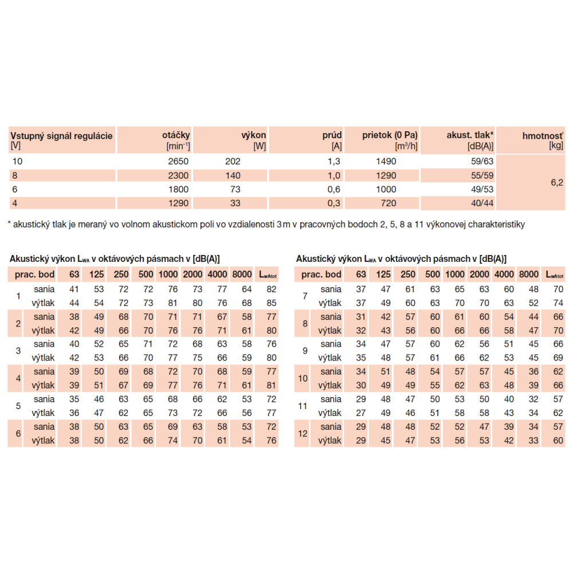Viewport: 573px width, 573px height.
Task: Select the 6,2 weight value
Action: click(x=558, y=182)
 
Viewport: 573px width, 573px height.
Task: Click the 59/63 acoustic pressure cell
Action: click(x=481, y=162)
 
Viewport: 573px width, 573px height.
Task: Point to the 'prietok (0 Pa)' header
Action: click(x=390, y=135)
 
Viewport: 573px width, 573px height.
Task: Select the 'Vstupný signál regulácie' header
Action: click(x=61, y=136)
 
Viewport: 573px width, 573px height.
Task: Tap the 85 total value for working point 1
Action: click(x=271, y=303)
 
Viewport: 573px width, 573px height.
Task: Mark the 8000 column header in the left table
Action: click(x=244, y=275)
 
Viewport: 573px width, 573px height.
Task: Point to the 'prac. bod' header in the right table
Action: click(x=322, y=275)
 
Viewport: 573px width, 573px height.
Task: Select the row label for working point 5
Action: click(x=18, y=406)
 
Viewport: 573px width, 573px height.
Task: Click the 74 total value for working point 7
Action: click(x=558, y=303)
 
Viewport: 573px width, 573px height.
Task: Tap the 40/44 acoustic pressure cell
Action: click(x=481, y=203)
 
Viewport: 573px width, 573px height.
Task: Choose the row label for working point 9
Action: click(x=304, y=351)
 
